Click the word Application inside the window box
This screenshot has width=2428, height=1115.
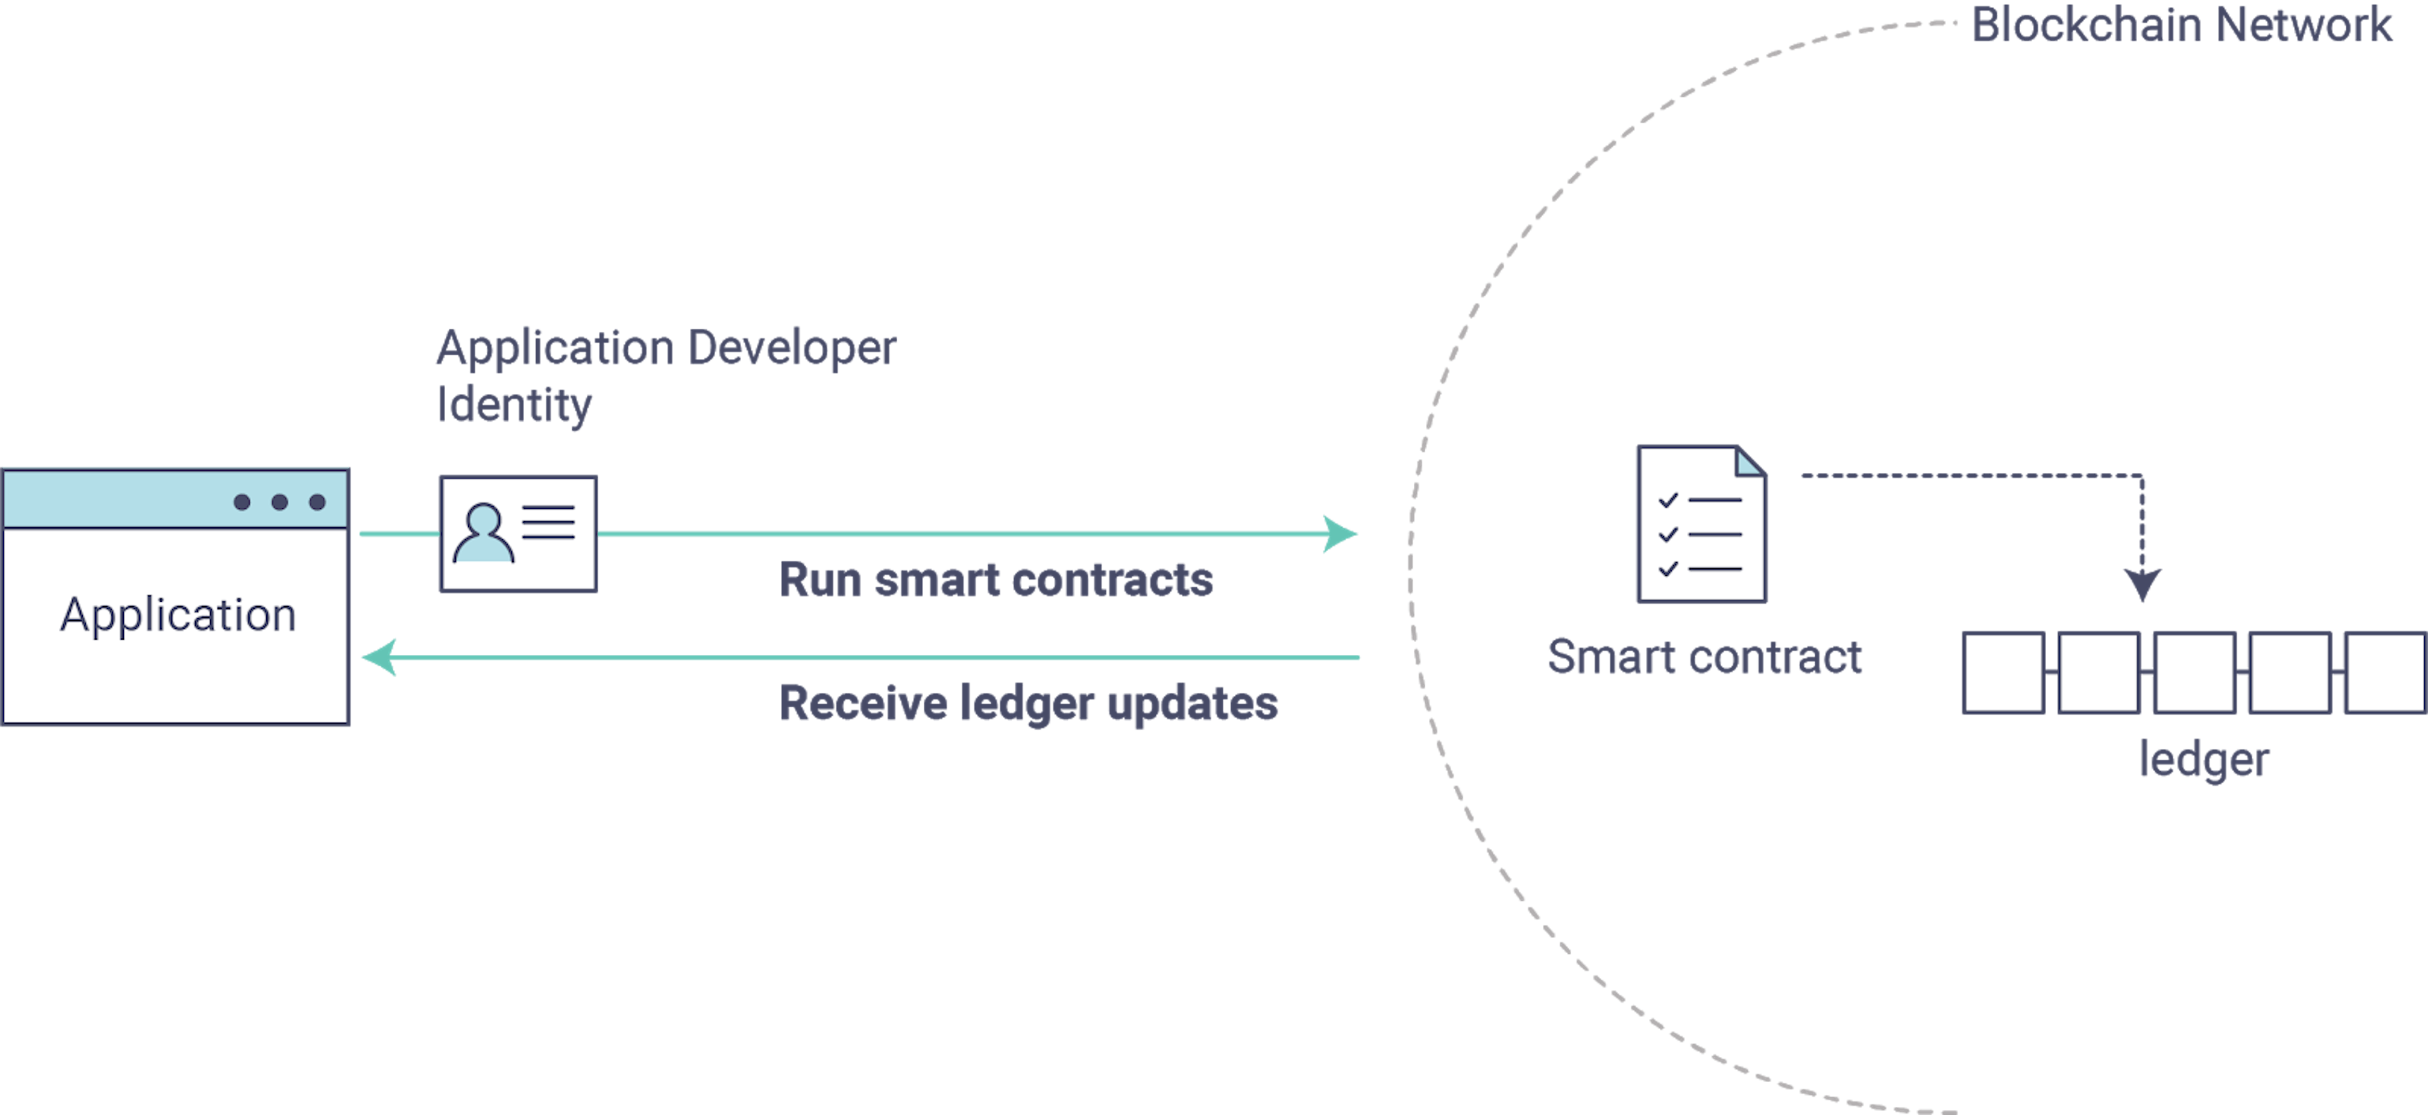(x=178, y=616)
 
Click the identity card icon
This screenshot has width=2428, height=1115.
(x=517, y=533)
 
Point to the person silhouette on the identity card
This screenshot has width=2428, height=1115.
(x=484, y=534)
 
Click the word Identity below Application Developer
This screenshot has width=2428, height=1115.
(x=513, y=405)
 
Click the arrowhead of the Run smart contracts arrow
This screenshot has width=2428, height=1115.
(x=1340, y=533)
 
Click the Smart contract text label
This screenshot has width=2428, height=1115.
(x=1704, y=657)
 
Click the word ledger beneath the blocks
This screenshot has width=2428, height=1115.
(x=2204, y=760)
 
